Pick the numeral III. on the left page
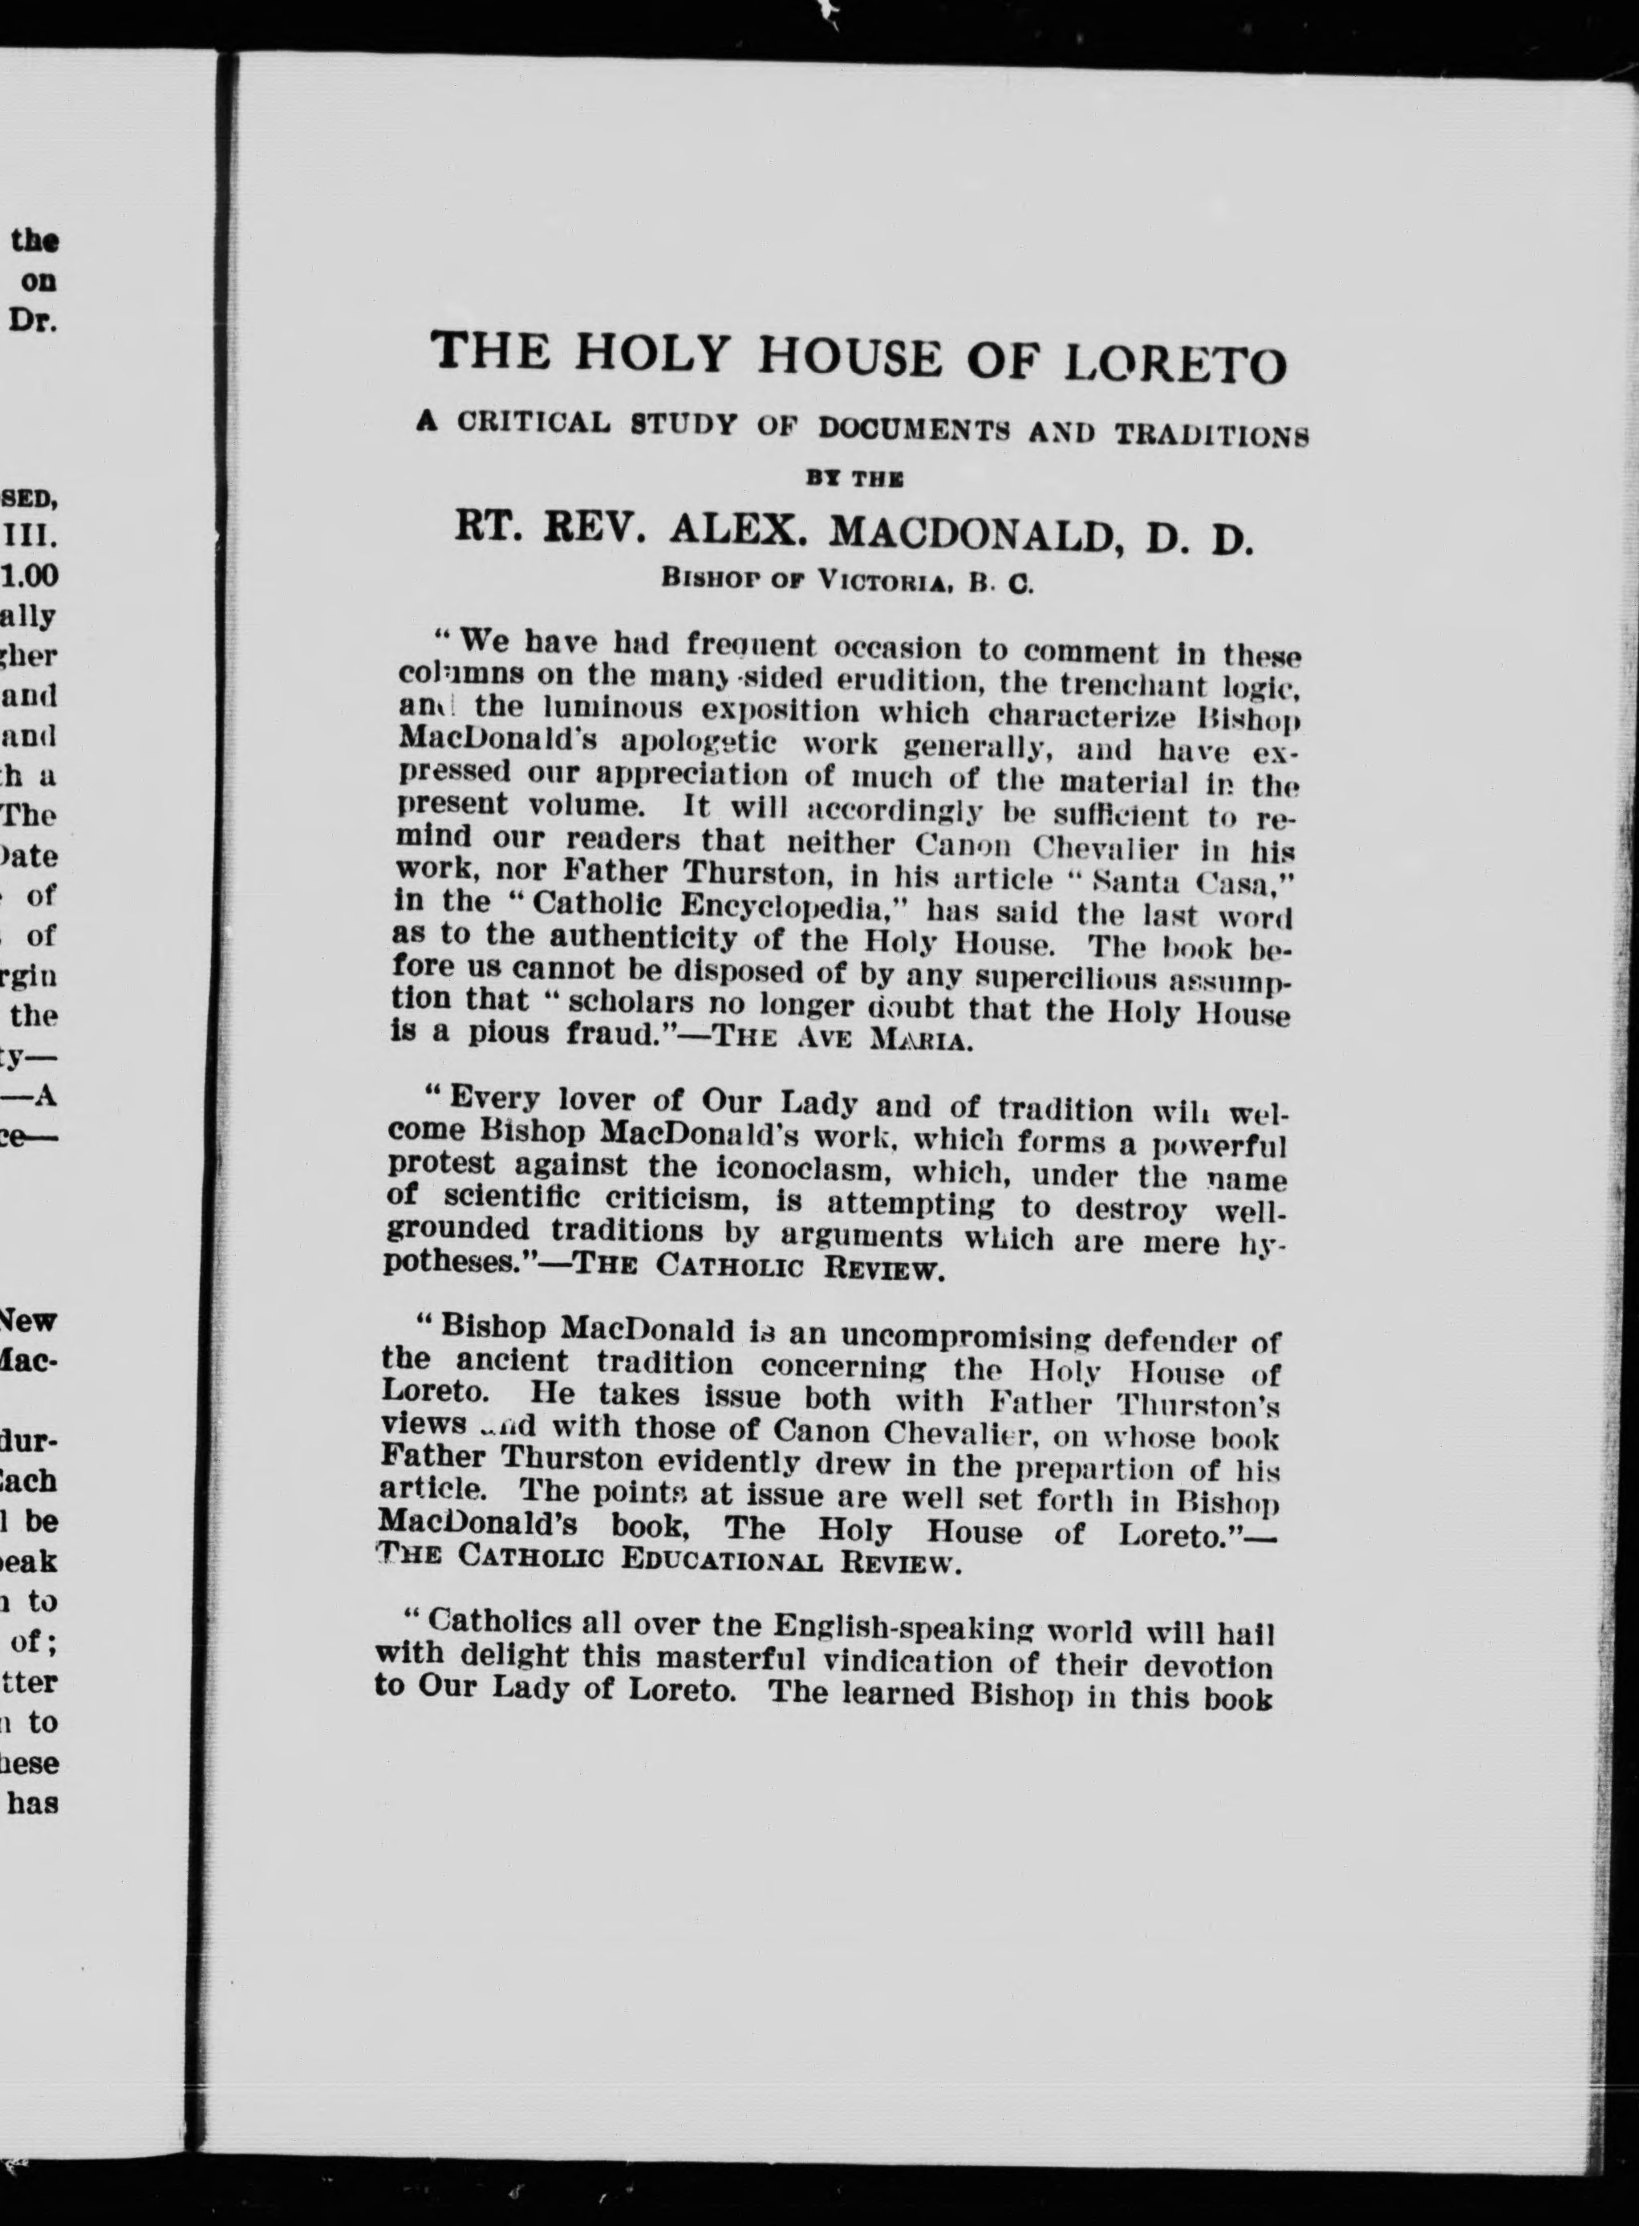[x=37, y=537]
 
